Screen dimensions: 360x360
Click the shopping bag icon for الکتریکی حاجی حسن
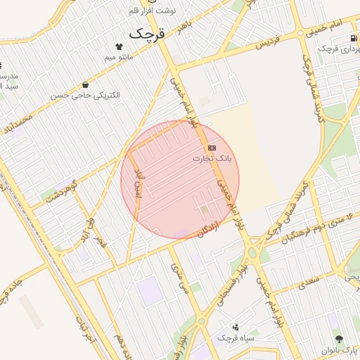tap(86, 84)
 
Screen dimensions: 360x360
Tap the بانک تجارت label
tap(211, 159)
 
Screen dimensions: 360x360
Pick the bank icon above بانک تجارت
tap(212, 148)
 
